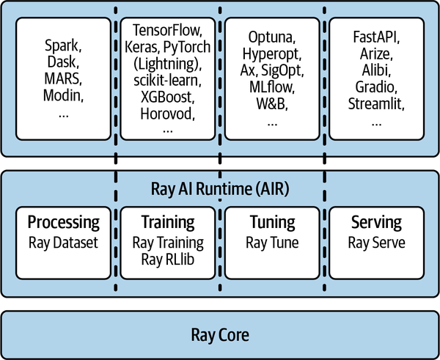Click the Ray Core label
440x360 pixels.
220,336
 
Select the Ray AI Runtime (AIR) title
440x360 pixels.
220,189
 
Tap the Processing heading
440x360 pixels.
63,222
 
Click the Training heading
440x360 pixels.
168,222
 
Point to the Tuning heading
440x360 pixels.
273,222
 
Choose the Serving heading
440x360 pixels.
377,222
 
